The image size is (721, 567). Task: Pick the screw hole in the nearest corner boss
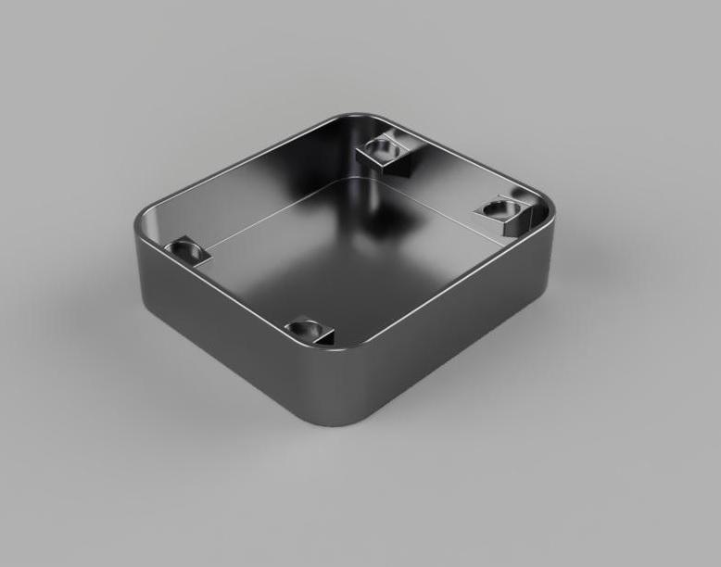click(x=304, y=327)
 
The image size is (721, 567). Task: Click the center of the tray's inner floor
click(x=343, y=250)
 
